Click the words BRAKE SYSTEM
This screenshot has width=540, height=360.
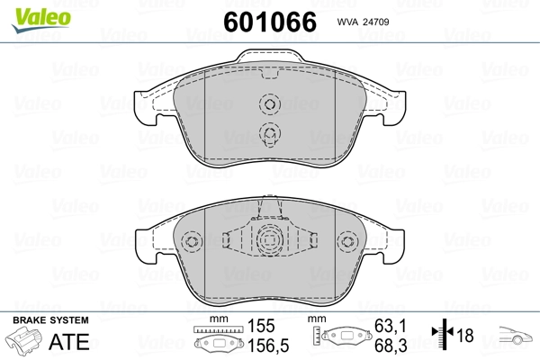50,320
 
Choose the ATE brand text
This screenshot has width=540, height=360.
68,340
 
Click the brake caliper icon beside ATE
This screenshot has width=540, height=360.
25,342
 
